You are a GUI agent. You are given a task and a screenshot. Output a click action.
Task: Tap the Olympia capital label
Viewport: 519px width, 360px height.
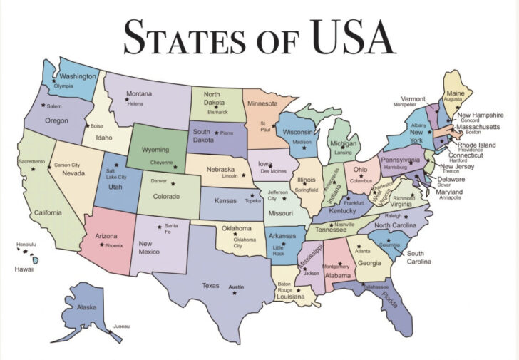pyautogui.click(x=63, y=86)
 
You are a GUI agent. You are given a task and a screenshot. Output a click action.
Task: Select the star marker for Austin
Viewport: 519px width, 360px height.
pyautogui.click(x=235, y=293)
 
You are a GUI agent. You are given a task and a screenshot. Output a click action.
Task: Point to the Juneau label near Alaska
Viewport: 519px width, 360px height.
pyautogui.click(x=121, y=326)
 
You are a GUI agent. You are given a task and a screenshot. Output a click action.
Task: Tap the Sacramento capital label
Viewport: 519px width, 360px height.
pyautogui.click(x=31, y=162)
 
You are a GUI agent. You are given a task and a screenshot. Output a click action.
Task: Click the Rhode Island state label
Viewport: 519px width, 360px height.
pyautogui.click(x=478, y=145)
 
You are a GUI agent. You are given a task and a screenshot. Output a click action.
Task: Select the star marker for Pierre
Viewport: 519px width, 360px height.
pyautogui.click(x=217, y=133)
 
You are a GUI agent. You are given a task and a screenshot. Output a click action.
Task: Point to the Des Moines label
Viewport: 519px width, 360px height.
pyautogui.click(x=274, y=171)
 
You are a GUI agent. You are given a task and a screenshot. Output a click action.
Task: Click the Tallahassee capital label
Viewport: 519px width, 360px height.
pyautogui.click(x=376, y=287)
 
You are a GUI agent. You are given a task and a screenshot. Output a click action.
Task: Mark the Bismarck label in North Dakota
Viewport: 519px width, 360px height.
pyautogui.click(x=217, y=112)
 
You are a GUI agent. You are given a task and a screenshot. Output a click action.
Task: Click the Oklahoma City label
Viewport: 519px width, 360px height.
pyautogui.click(x=244, y=242)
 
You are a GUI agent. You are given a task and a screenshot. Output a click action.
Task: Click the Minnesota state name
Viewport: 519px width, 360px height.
pyautogui.click(x=263, y=103)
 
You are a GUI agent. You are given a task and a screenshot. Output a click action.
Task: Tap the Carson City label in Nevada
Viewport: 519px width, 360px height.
pyautogui.click(x=67, y=165)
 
